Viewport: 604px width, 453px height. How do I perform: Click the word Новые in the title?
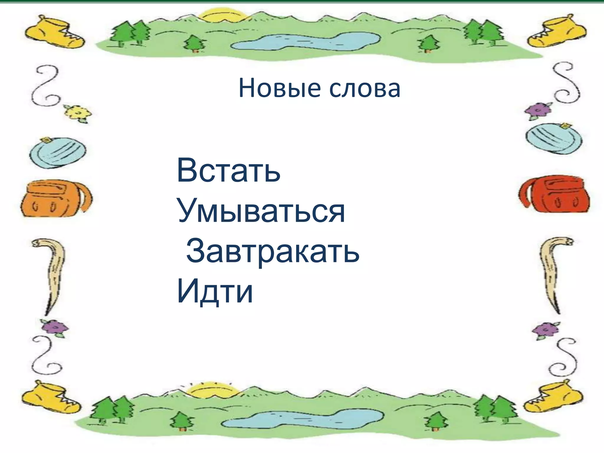279,88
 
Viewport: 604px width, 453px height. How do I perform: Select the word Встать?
228,170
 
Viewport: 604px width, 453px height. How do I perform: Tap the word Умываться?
261,211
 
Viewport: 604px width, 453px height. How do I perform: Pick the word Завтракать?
273,251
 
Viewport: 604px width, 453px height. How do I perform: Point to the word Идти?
215,291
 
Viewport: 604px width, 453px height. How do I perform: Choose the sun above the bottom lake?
213,391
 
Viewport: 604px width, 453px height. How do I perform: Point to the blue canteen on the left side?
58,152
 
